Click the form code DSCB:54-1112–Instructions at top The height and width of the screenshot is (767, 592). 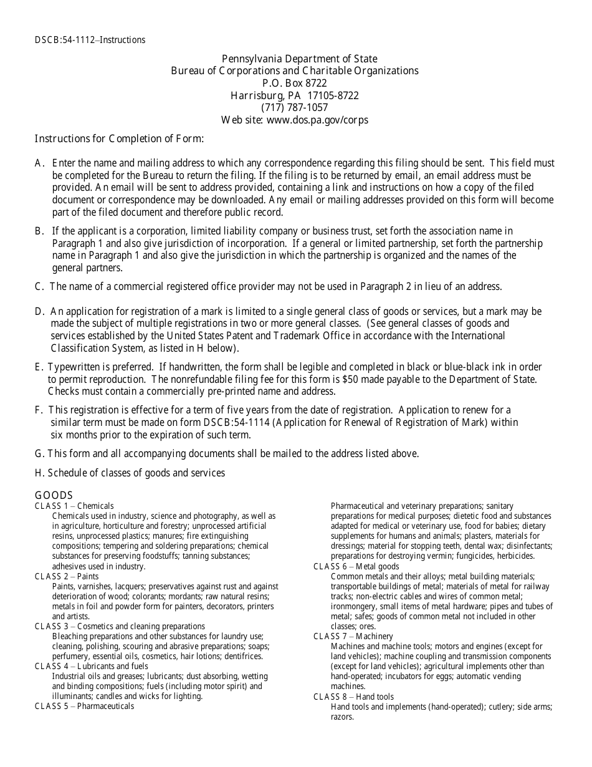click(x=90, y=40)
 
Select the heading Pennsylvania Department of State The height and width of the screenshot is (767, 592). click(x=295, y=59)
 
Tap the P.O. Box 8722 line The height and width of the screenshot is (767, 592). click(x=295, y=83)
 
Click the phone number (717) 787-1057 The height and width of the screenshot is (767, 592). click(x=295, y=107)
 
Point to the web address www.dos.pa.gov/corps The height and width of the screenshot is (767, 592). click(x=317, y=120)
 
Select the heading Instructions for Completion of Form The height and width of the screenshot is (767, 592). click(x=119, y=138)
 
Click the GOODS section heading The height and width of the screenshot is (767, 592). click(x=54, y=495)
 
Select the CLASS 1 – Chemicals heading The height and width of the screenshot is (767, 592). click(x=74, y=506)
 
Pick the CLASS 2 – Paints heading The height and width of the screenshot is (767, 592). click(x=67, y=576)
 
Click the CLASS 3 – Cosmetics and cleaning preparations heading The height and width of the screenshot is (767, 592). click(x=120, y=626)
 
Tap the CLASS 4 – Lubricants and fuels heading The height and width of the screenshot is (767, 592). click(x=92, y=666)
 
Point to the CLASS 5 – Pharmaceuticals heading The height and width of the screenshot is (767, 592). click(x=84, y=706)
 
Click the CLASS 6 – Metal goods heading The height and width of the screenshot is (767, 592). click(x=356, y=566)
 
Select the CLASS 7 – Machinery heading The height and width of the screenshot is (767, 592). click(x=353, y=636)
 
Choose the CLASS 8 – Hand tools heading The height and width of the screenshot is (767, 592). click(x=353, y=697)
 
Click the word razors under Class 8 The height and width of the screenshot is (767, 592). click(x=342, y=716)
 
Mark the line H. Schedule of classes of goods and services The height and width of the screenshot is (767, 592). click(x=130, y=473)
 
